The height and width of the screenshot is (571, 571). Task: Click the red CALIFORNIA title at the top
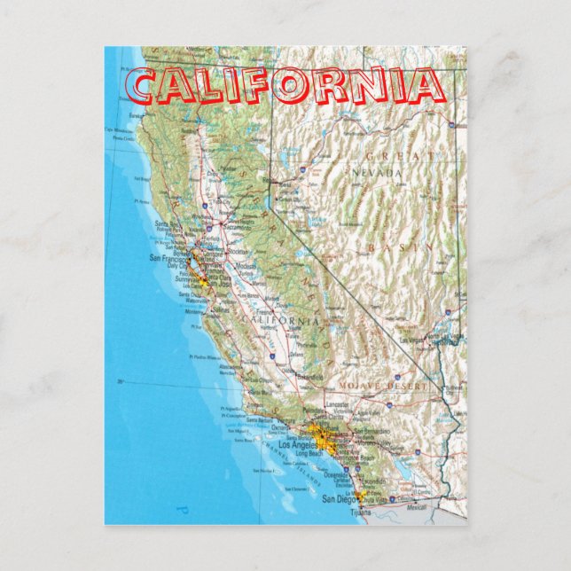coord(285,86)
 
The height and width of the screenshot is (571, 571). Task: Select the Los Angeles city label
coord(297,443)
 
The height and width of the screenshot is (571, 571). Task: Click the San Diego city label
coord(340,499)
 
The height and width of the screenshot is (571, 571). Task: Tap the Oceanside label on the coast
coord(335,474)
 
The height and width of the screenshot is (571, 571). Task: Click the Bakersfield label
coord(310,377)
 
